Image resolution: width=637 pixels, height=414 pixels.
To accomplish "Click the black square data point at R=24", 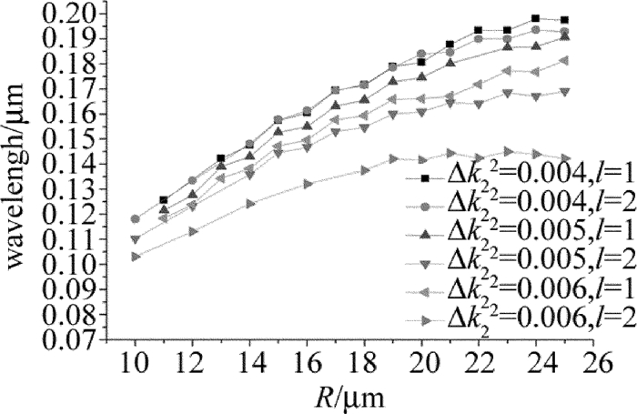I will click(x=535, y=18).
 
